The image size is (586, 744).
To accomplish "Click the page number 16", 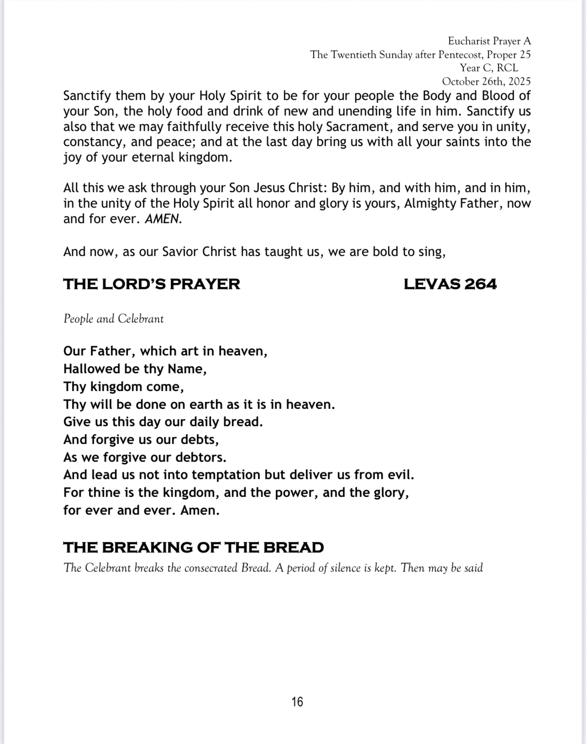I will pos(297,702).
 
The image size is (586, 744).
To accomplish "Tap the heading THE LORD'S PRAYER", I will pos(152,284).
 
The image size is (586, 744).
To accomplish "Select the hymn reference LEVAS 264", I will pos(450,284).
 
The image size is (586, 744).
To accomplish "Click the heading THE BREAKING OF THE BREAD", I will pos(194,547).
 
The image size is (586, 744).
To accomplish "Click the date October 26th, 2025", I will pos(486,82).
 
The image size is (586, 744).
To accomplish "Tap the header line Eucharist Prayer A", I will pos(489,41).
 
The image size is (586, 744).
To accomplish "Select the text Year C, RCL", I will pos(489,68).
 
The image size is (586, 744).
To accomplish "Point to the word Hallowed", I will pos(89,369).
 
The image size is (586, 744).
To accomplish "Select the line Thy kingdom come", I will pos(124,387).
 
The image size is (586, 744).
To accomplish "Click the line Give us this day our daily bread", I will pos(163,422).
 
